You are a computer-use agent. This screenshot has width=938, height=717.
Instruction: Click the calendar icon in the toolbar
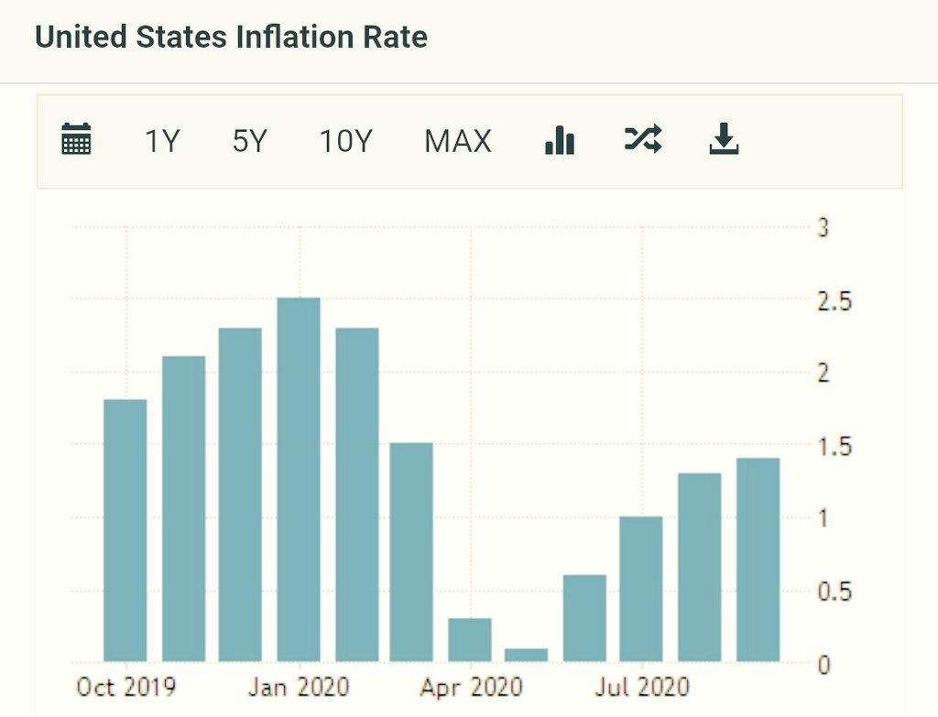(x=76, y=140)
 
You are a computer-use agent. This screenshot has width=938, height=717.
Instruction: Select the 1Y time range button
(x=162, y=141)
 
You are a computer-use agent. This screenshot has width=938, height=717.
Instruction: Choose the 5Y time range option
(x=249, y=141)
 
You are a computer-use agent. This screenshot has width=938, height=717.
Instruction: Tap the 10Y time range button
(x=346, y=141)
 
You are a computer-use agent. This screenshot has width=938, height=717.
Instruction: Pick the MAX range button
(x=458, y=141)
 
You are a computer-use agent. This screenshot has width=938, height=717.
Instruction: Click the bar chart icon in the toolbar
(x=559, y=140)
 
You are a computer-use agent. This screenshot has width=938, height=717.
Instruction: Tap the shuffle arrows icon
(x=642, y=139)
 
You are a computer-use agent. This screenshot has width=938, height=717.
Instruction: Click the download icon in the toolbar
(x=724, y=140)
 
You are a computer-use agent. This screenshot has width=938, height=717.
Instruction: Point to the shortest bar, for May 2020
(x=526, y=655)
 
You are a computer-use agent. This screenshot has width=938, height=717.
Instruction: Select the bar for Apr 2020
(x=469, y=639)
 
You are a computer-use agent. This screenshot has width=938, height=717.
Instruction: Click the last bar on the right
(x=758, y=559)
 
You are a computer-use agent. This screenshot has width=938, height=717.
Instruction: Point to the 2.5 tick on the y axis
(x=834, y=300)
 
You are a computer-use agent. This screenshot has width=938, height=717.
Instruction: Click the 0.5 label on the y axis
(x=834, y=592)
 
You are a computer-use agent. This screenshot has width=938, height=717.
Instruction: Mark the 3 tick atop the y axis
(x=823, y=228)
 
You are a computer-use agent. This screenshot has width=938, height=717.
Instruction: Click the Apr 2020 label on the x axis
(x=471, y=687)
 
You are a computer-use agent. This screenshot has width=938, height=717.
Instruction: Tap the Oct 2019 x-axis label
(x=125, y=687)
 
